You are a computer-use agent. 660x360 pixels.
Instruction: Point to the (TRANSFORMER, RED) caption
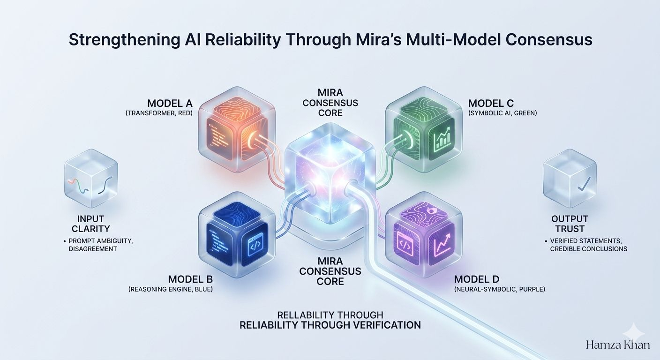(160, 112)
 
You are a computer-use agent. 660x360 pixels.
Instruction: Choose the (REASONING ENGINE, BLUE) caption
(171, 290)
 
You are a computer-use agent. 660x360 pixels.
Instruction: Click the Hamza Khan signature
(618, 345)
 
